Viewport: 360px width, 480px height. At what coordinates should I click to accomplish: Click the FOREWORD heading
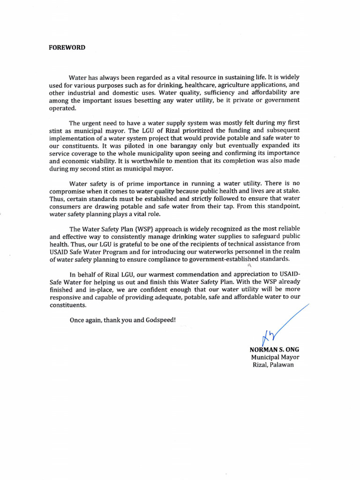point(67,48)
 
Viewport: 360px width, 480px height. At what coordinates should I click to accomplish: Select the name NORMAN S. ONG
point(275,349)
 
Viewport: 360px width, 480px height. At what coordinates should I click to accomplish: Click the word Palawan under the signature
point(282,365)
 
